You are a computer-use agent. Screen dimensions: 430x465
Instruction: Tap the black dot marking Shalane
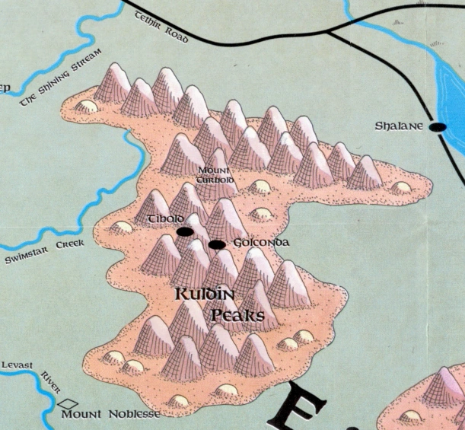point(438,128)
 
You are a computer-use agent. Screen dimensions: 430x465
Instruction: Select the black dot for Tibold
point(184,231)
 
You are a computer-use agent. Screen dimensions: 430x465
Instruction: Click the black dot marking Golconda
point(217,244)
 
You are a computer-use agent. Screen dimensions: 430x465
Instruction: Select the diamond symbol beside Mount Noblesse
point(68,404)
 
